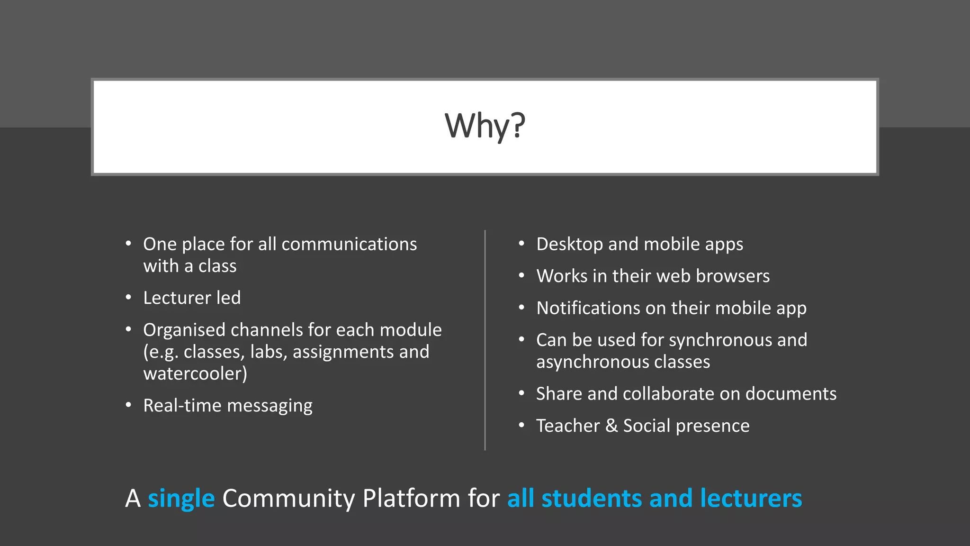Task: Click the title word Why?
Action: [x=485, y=126]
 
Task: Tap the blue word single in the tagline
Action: [x=181, y=499]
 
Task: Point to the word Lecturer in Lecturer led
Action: [x=177, y=298]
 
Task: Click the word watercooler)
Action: [x=195, y=374]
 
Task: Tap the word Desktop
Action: [x=569, y=245]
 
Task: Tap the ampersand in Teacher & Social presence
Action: [x=611, y=426]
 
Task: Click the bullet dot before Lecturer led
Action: [x=128, y=298]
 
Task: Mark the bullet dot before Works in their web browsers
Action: [x=521, y=276]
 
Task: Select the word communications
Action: [x=349, y=245]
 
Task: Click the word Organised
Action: [x=184, y=330]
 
